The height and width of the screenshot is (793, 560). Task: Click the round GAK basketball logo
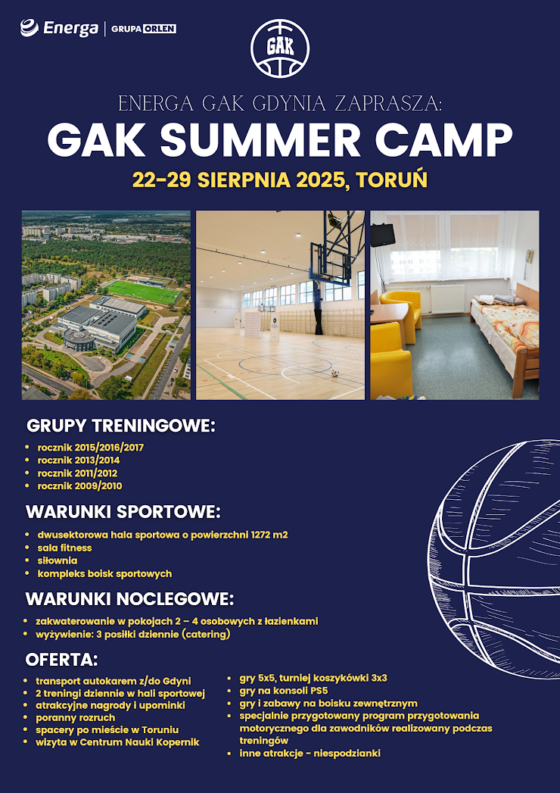[x=280, y=48]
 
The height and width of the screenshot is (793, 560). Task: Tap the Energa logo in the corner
[x=59, y=28]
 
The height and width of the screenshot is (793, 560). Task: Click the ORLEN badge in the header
[x=159, y=29]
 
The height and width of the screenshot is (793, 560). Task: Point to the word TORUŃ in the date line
[x=392, y=180]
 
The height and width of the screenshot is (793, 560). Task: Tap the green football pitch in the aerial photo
[x=143, y=292]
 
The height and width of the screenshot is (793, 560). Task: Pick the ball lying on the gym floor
[x=334, y=373]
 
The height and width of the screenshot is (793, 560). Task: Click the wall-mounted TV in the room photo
[x=383, y=235]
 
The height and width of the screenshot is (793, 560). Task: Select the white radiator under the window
[x=446, y=299]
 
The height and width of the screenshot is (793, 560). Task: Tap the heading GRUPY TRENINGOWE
[x=121, y=426]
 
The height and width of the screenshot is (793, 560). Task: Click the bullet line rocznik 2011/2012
[x=77, y=473]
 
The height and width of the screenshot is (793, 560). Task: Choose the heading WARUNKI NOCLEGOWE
[x=130, y=599]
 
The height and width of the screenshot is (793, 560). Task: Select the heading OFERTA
[x=61, y=660]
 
